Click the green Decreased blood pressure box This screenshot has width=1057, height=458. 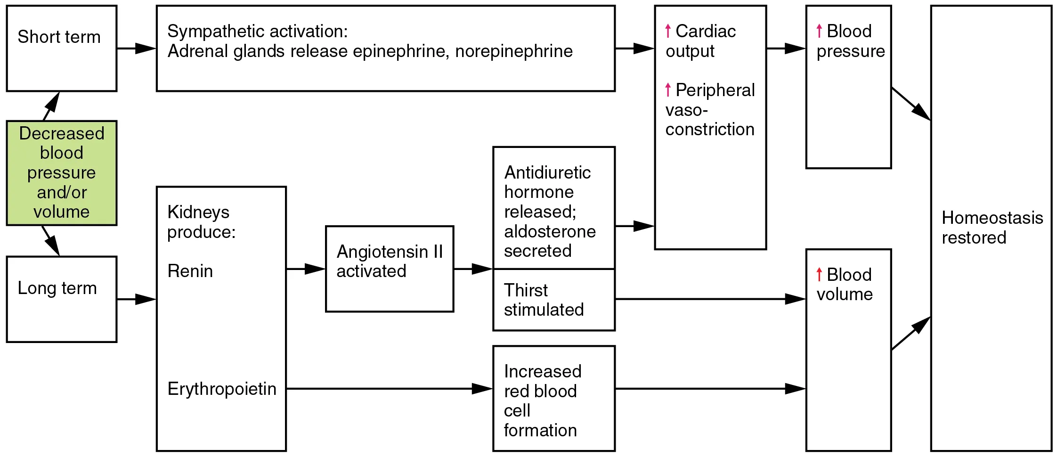point(61,173)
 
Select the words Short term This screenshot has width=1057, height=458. point(59,37)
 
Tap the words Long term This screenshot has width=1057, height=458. point(57,288)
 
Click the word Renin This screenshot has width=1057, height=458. point(190,271)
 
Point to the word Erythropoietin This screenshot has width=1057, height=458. point(222,389)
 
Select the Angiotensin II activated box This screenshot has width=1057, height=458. point(390,269)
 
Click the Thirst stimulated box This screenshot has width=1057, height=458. point(553,300)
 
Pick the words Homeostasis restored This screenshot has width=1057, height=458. point(992,228)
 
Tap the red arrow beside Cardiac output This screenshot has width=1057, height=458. point(668,31)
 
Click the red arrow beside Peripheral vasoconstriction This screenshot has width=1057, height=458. point(668,90)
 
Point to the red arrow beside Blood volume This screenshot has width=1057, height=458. point(819,274)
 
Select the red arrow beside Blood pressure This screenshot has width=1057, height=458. point(819,31)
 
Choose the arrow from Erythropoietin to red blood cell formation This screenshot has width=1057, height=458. point(389,389)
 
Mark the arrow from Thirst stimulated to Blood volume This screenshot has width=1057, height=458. point(710,299)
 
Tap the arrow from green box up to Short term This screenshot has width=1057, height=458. point(51,106)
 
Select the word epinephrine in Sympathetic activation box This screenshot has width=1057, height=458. point(400,51)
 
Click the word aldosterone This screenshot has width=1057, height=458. point(550,231)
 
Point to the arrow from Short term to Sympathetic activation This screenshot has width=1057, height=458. point(137,48)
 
